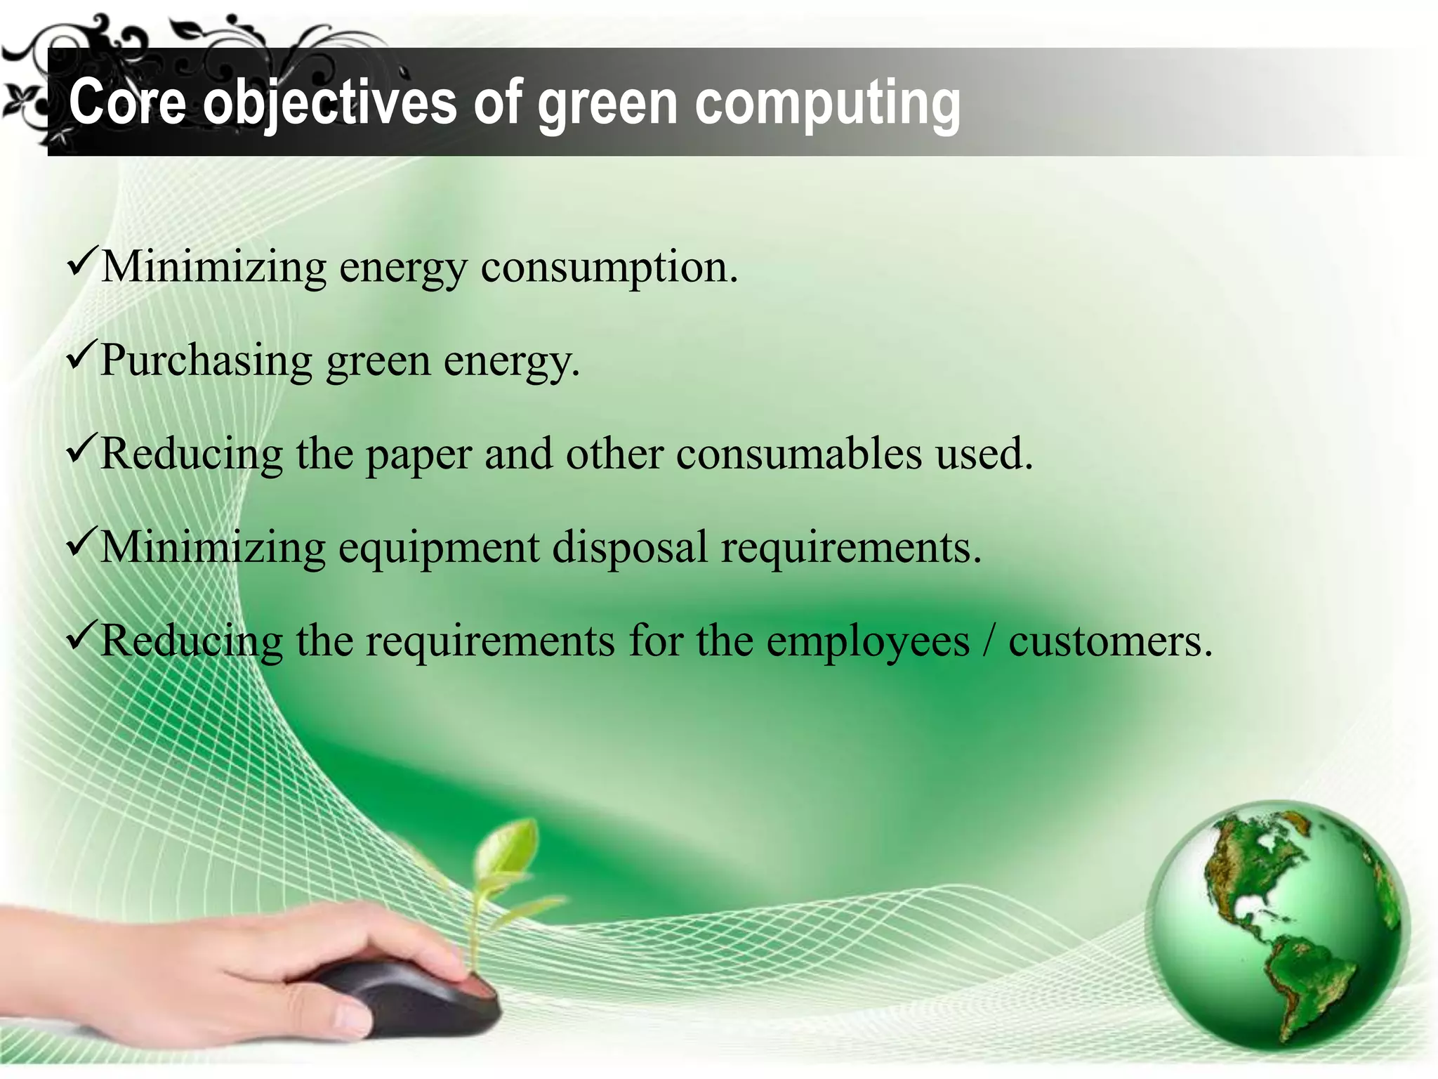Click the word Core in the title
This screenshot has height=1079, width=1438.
pos(127,103)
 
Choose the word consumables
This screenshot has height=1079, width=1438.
pos(799,454)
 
